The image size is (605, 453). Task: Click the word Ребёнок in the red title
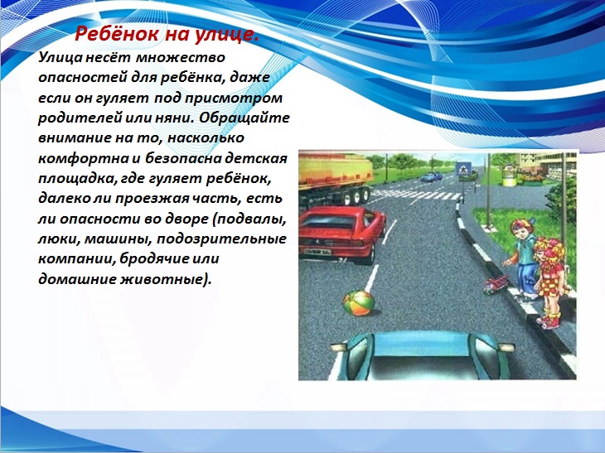pos(116,34)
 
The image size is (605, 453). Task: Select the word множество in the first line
pos(180,57)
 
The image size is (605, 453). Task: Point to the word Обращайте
pos(244,118)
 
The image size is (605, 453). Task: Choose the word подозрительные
pos(221,239)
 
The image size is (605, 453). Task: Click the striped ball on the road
pos(359,303)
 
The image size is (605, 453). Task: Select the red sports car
pos(341,234)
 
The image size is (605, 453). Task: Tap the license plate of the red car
pos(317,252)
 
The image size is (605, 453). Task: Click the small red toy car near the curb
pos(496,284)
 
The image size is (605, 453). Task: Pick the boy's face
pos(521,233)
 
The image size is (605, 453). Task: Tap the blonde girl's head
pos(549,252)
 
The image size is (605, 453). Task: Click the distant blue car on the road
pos(431,177)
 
